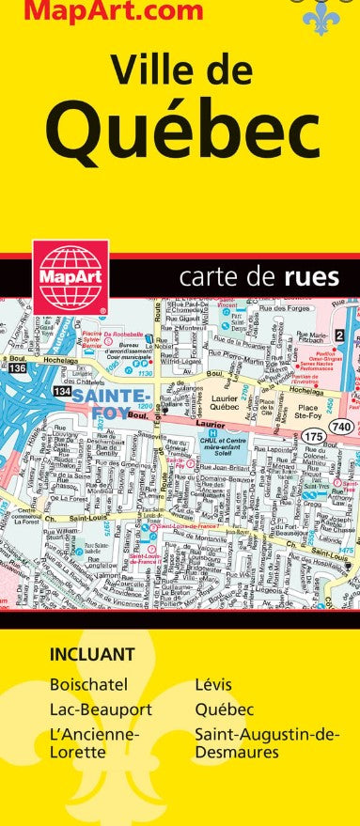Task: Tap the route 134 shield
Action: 61,390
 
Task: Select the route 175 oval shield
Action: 314,437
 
